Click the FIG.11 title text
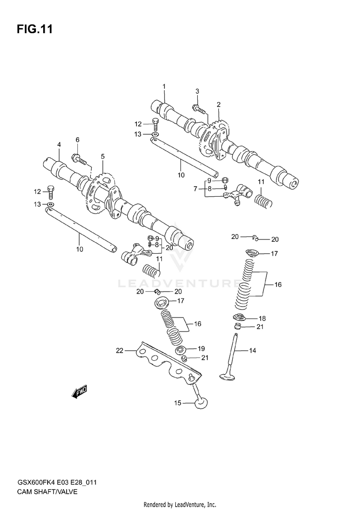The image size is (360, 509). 34,29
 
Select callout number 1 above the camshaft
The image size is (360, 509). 164,87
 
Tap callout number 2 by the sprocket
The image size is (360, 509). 197,91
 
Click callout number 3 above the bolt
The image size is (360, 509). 59,144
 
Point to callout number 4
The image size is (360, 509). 102,156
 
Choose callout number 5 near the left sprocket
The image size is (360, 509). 77,140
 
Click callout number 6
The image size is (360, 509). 195,189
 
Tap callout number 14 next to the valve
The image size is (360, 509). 178,403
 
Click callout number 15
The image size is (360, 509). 262,318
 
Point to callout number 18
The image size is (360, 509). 202,348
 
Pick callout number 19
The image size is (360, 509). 120,351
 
